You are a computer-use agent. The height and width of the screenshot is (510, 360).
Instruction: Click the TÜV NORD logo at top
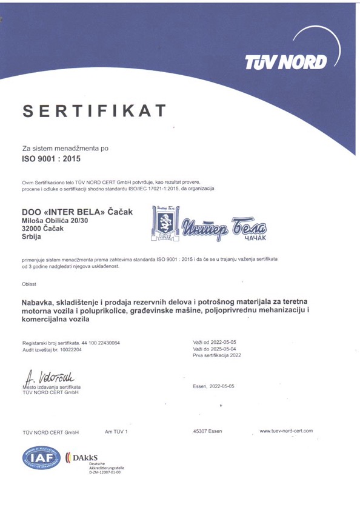coord(285,61)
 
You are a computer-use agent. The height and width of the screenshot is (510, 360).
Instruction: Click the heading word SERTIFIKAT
coord(95,111)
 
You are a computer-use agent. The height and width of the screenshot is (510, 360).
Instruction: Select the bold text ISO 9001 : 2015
coord(51,160)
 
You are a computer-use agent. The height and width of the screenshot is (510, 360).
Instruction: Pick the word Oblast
coord(28,284)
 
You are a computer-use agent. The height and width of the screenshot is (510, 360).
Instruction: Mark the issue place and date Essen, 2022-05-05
coord(213,386)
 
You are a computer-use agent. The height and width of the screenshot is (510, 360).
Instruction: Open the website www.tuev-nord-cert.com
coord(285,431)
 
